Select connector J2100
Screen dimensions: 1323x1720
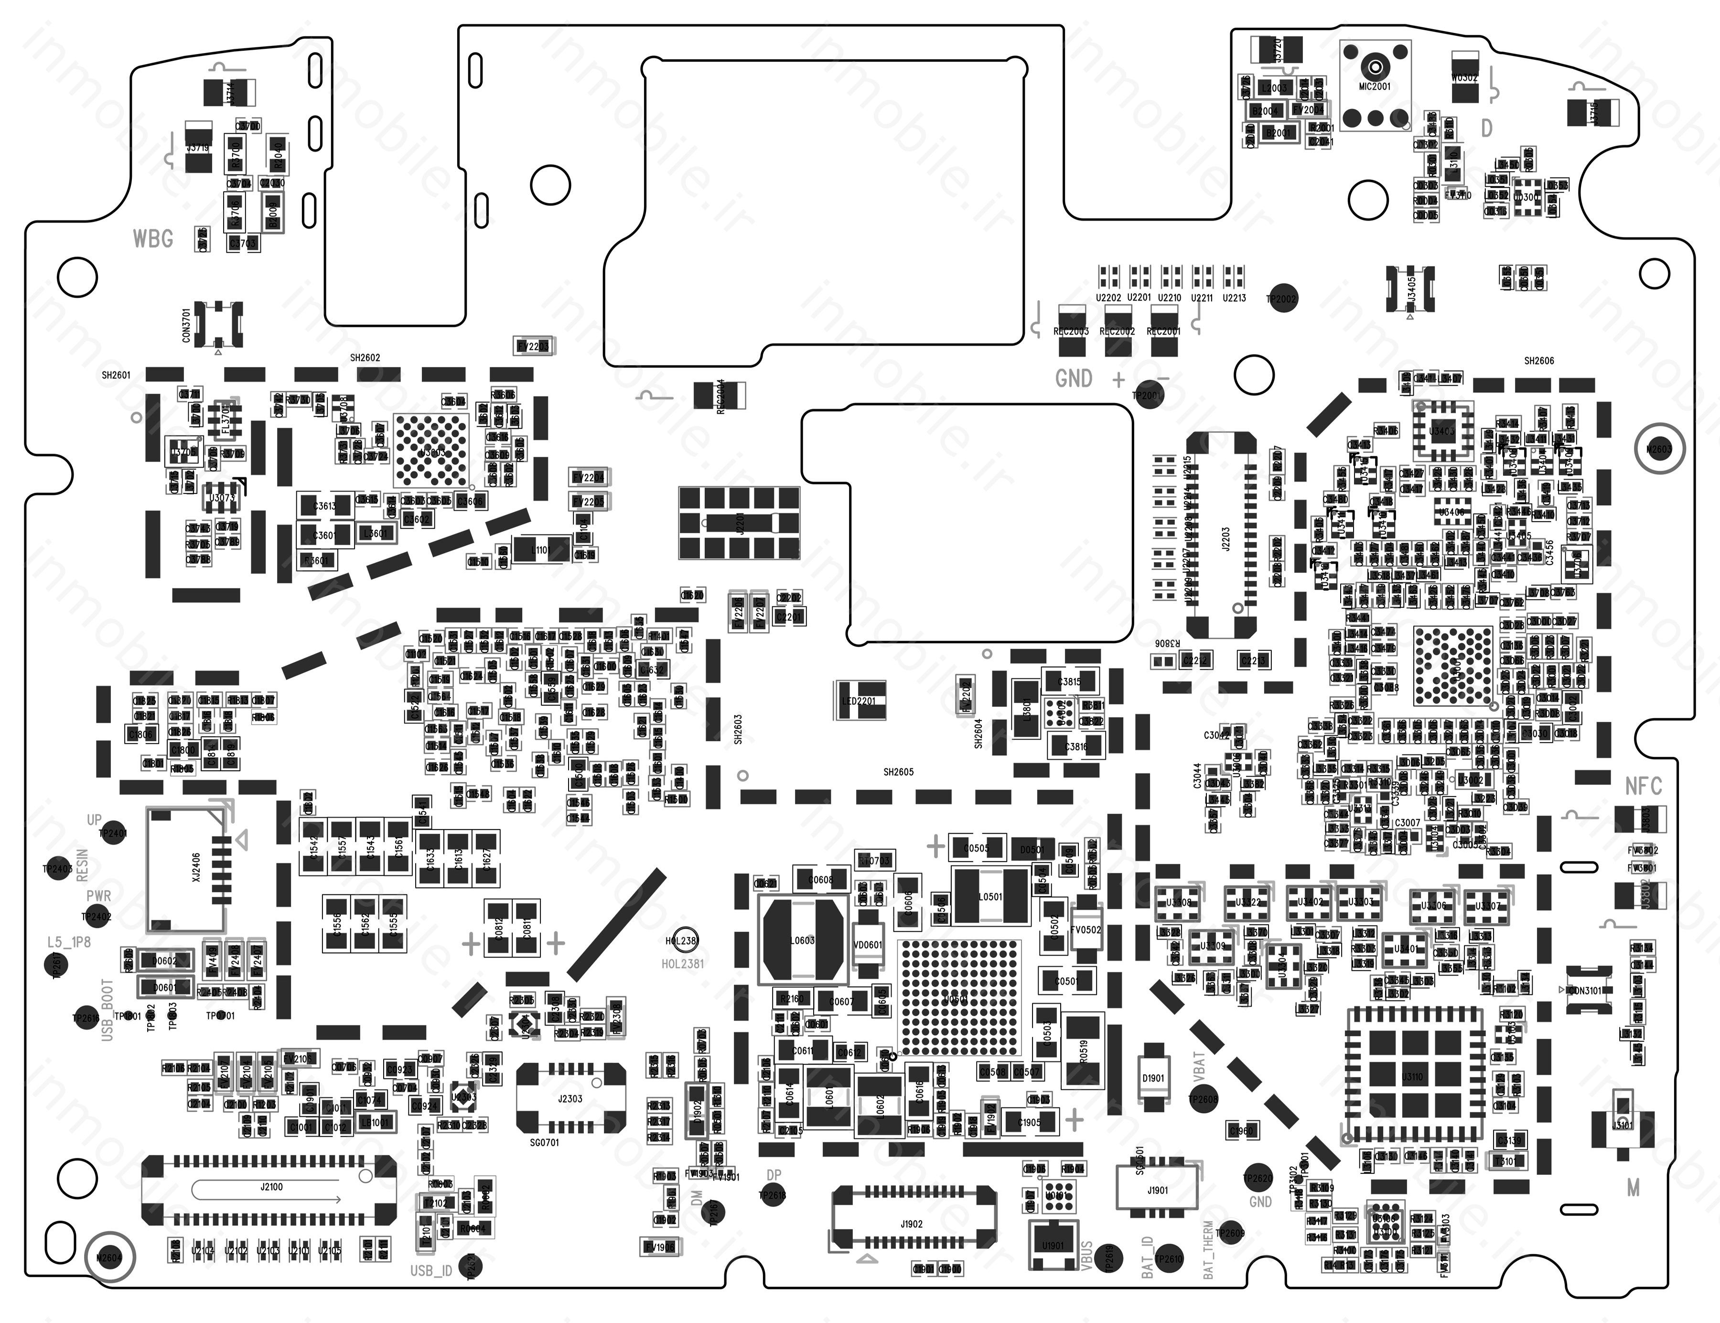click(x=269, y=1191)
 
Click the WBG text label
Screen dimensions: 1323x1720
click(x=153, y=238)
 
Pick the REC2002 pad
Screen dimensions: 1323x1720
click(x=1117, y=321)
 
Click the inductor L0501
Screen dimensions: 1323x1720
click(x=990, y=896)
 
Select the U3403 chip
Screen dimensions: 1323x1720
click(x=1442, y=431)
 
